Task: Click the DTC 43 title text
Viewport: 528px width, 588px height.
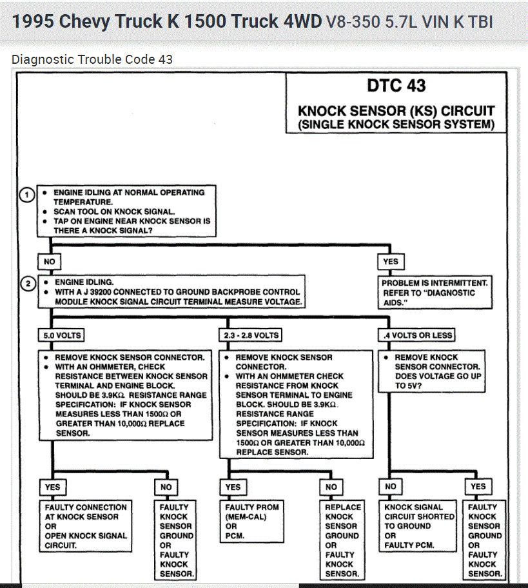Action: [396, 85]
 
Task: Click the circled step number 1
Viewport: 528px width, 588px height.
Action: [27, 195]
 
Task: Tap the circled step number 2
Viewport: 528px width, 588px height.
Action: [27, 284]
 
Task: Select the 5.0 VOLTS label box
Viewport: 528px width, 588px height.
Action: [62, 335]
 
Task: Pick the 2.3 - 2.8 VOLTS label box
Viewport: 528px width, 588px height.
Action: [251, 335]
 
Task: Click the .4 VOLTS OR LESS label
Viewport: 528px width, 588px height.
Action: [417, 335]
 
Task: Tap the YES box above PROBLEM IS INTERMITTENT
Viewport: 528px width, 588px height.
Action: [391, 262]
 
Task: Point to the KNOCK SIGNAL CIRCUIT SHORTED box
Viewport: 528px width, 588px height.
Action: [420, 526]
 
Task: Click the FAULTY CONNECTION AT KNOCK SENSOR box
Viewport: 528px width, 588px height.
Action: [86, 526]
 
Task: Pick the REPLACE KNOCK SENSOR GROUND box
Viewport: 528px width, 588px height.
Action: [342, 540]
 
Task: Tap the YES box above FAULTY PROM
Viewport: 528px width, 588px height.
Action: [233, 487]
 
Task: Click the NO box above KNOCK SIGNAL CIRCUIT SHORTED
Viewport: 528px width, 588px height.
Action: [391, 487]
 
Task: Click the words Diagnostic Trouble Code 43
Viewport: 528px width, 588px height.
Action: [92, 59]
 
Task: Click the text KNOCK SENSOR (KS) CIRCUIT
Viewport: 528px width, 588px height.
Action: [396, 111]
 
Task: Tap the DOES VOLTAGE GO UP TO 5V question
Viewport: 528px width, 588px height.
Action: [438, 380]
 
